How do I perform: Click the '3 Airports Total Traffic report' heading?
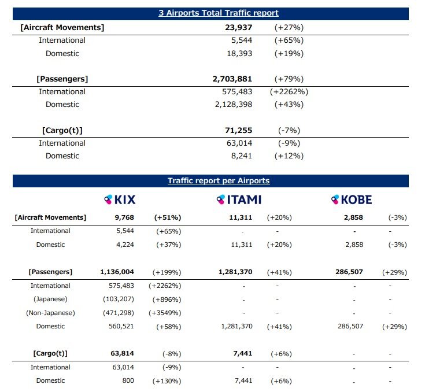coord(219,13)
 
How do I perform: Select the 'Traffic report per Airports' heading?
coord(219,181)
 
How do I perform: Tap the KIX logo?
coord(120,200)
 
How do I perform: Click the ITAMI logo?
coord(239,200)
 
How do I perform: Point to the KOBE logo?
coord(352,200)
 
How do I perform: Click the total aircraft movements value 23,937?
coord(238,27)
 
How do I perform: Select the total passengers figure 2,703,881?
coord(232,79)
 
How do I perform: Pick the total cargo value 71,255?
coord(238,131)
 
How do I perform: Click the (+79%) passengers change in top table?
coord(289,79)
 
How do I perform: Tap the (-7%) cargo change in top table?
coord(289,131)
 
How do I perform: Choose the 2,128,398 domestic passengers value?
coord(234,105)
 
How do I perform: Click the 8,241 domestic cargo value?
coord(242,156)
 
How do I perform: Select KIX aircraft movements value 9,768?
coord(124,217)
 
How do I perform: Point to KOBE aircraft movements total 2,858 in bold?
coord(353,217)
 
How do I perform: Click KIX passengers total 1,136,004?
coord(117,272)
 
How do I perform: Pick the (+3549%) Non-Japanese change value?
coord(165,313)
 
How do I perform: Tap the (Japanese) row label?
coord(50,299)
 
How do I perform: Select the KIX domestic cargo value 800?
coord(128,380)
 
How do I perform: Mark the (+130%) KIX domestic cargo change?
coord(167,381)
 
